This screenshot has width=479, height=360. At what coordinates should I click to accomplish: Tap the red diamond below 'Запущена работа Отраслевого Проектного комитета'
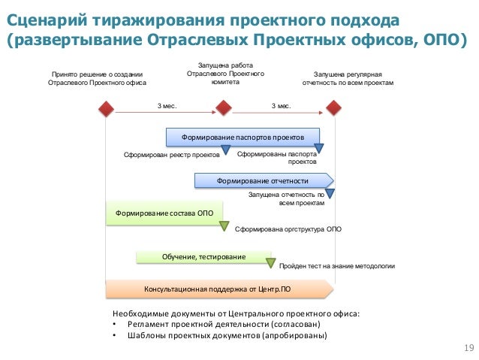pyautogui.click(x=223, y=110)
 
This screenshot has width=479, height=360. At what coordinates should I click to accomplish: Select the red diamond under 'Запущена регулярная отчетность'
pyautogui.click(x=333, y=110)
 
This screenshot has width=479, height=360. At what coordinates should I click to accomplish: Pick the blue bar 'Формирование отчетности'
pyautogui.click(x=263, y=180)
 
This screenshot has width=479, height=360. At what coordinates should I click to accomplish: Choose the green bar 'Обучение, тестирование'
pyautogui.click(x=203, y=257)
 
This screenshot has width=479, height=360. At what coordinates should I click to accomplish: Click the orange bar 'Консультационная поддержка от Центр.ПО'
pyautogui.click(x=218, y=289)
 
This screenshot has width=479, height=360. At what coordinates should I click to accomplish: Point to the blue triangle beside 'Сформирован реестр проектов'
pyautogui.click(x=225, y=150)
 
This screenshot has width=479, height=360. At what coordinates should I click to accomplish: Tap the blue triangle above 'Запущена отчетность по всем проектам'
pyautogui.click(x=329, y=192)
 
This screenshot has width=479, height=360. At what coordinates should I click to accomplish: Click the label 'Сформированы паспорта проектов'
pyautogui.click(x=277, y=157)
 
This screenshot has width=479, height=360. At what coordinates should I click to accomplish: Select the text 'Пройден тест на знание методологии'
pyautogui.click(x=336, y=266)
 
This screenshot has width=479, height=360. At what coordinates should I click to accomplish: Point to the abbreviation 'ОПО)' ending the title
pyautogui.click(x=437, y=39)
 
